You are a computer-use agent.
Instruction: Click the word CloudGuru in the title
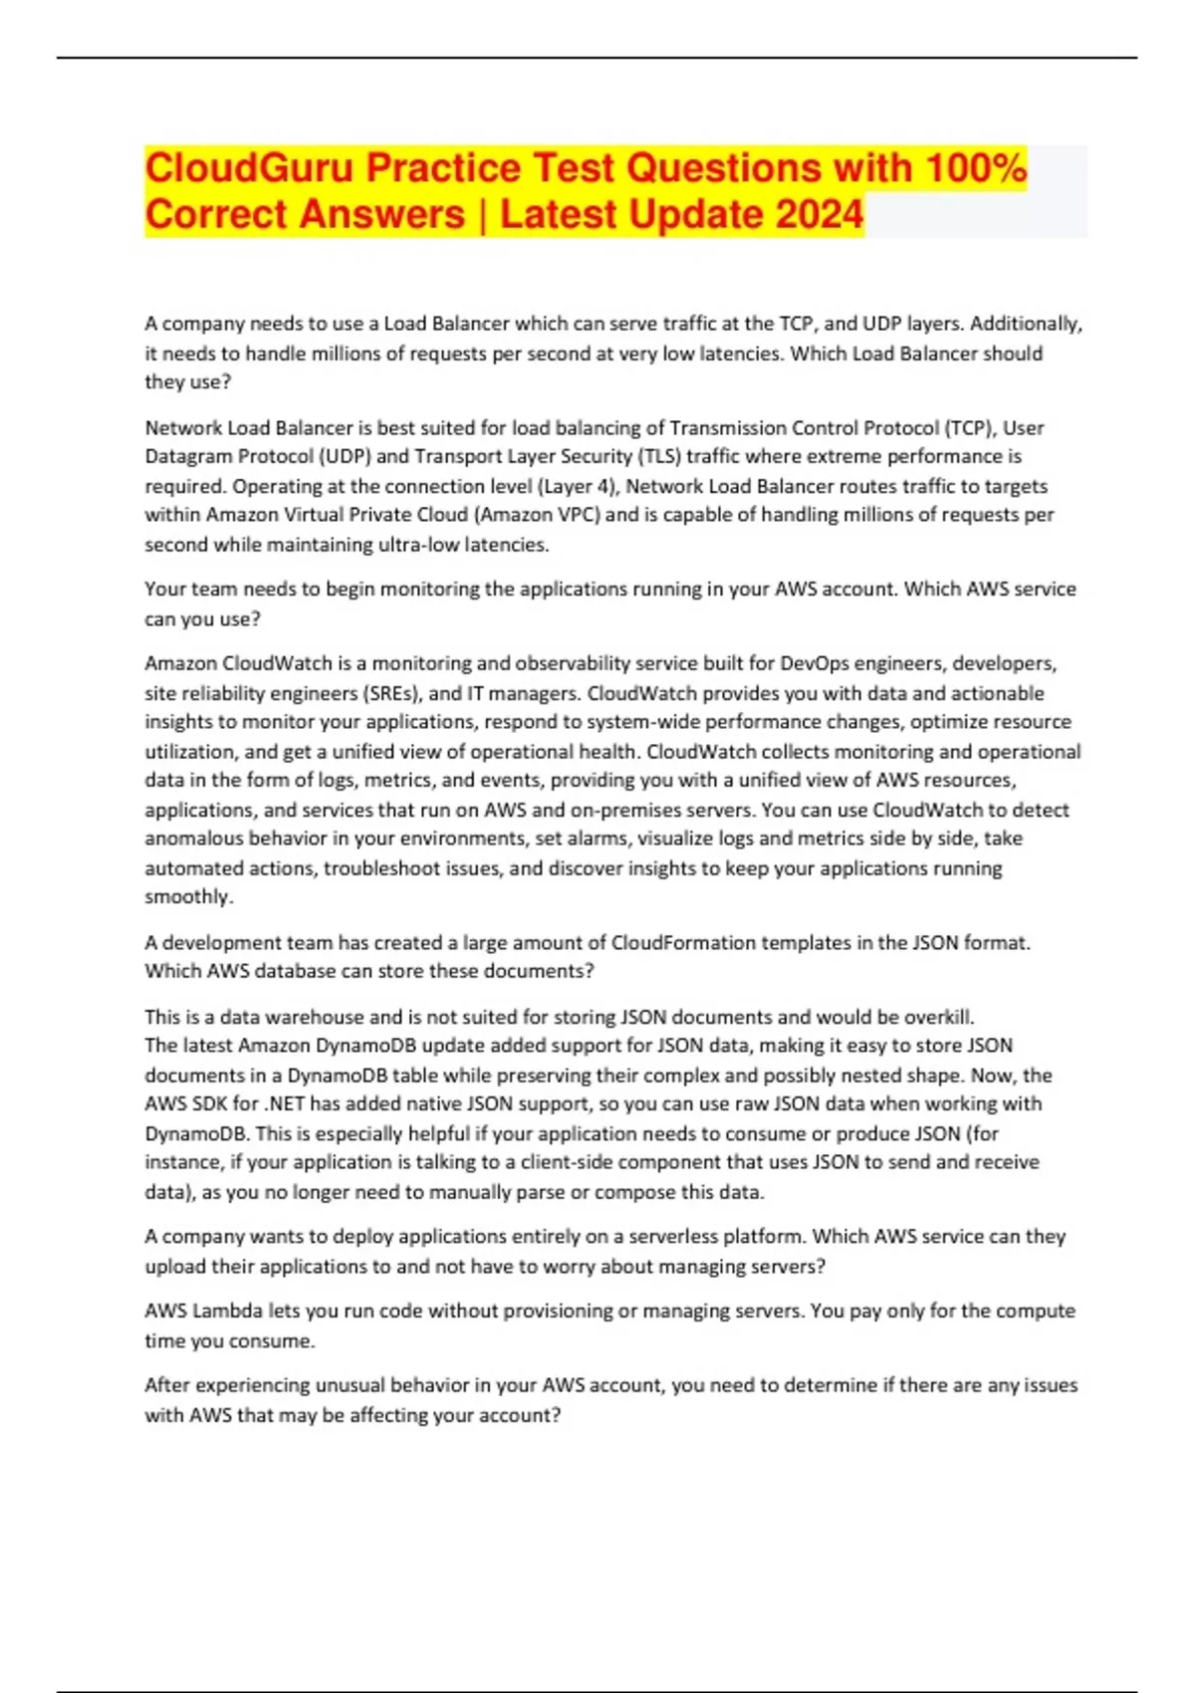pos(249,168)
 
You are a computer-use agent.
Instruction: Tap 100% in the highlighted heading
pos(975,168)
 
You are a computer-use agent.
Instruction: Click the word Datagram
pos(186,457)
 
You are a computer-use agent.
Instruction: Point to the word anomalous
pos(195,839)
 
